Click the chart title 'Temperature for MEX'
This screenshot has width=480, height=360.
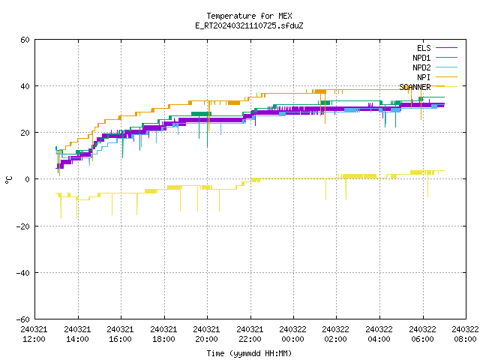249,16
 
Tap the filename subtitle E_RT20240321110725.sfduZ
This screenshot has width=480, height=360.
249,25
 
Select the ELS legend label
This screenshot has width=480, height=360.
424,48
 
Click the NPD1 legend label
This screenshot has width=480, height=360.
421,58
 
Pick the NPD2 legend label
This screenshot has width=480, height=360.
421,67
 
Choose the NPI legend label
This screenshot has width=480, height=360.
424,77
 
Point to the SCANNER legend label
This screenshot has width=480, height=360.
415,87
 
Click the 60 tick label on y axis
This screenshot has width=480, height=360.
25,40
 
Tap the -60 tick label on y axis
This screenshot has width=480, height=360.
23,319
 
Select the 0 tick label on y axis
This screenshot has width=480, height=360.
28,179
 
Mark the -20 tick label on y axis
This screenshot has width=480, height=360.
23,226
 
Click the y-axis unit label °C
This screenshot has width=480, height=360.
9,180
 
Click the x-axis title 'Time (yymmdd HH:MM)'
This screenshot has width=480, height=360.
249,353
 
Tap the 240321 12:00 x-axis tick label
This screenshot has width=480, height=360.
34,334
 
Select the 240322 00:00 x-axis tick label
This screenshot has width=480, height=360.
292,334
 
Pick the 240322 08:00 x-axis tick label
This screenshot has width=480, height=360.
465,334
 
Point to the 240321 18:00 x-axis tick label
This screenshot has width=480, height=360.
163,334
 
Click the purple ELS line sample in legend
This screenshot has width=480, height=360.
447,48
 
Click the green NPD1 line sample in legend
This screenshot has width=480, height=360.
447,57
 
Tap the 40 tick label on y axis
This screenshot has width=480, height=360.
25,86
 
